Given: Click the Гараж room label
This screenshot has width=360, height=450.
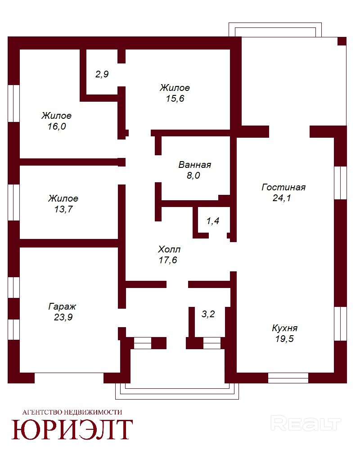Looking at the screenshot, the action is click(x=62, y=306).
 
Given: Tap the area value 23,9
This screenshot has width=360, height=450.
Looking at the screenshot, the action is click(x=63, y=317).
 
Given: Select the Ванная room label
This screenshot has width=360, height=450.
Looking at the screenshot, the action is click(x=195, y=165).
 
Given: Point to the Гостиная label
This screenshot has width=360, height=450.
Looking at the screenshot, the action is click(x=283, y=187).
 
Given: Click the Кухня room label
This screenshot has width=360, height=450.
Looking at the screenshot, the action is click(x=284, y=328).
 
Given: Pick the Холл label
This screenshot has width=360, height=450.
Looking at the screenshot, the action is click(x=169, y=249).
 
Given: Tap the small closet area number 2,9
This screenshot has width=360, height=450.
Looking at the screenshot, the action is click(x=102, y=74).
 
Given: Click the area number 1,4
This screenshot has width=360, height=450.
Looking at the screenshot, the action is click(x=213, y=220).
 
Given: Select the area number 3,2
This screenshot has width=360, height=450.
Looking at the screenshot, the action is click(x=208, y=314).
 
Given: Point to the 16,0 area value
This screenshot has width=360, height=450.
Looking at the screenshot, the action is click(x=57, y=126).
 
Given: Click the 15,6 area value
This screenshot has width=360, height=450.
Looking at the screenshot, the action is click(x=175, y=99).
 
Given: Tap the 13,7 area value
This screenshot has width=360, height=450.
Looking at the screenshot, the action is click(x=63, y=209).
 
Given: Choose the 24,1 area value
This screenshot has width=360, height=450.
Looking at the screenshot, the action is click(x=282, y=198).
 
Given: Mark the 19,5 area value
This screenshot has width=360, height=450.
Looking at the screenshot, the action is click(x=284, y=339).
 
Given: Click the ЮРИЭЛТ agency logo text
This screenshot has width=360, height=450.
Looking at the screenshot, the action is click(x=72, y=429).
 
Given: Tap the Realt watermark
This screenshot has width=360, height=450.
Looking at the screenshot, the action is click(x=306, y=423).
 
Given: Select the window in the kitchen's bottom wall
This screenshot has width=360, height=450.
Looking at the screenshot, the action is click(x=288, y=378).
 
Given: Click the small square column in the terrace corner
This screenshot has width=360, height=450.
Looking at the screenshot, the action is click(x=342, y=41).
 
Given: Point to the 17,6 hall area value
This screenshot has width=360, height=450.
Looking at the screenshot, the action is click(x=168, y=260).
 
